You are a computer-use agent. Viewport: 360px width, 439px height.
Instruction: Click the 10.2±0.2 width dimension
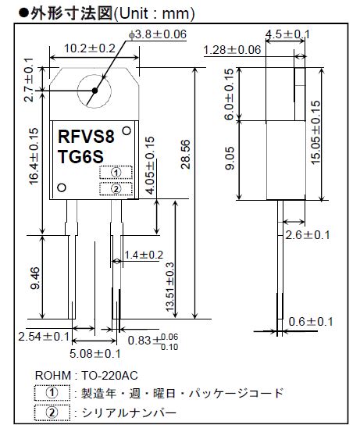(x=90, y=48)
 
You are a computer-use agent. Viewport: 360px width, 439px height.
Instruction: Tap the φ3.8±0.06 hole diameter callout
(x=158, y=34)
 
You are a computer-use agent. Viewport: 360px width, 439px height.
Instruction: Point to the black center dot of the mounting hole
(x=94, y=91)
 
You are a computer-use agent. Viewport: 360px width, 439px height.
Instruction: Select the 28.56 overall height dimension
(x=186, y=154)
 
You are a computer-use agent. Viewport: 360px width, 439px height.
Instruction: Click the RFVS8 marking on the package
(x=86, y=137)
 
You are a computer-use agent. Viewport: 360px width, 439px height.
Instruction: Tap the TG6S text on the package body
(x=80, y=156)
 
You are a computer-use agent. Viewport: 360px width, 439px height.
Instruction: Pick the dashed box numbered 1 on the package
(x=116, y=173)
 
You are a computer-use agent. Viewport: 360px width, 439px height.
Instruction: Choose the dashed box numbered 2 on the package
(x=116, y=189)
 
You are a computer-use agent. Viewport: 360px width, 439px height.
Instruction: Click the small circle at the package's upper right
(x=127, y=130)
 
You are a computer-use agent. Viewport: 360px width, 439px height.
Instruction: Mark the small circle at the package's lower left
(x=62, y=187)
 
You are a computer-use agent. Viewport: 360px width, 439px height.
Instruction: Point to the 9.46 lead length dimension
(x=36, y=278)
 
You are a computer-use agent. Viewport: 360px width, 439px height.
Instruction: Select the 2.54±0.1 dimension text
(x=44, y=336)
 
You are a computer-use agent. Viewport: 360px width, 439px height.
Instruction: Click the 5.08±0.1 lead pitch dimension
(x=95, y=354)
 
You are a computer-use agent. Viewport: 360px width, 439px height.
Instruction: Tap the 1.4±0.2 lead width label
(x=144, y=255)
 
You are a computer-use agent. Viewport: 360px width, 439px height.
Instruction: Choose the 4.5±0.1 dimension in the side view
(x=287, y=34)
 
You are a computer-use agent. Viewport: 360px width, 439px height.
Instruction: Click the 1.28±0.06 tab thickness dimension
(x=232, y=50)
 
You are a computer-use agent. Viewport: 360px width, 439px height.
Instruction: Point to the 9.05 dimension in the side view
(x=230, y=159)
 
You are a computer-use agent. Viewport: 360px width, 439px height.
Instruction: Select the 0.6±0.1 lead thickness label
(x=311, y=322)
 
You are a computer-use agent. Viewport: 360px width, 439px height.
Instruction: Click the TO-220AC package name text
(x=110, y=376)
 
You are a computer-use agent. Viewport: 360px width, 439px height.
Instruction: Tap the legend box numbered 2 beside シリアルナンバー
(x=52, y=412)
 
